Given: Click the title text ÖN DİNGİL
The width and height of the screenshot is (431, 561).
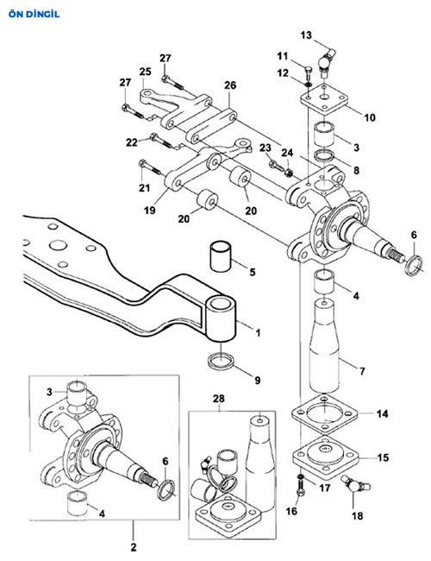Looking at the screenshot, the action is click(x=34, y=15).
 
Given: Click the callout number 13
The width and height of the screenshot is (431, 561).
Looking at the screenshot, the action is click(x=306, y=35).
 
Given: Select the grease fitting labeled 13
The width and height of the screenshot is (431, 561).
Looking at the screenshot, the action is click(x=327, y=63).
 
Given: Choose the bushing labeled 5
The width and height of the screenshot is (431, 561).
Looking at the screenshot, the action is click(x=221, y=256).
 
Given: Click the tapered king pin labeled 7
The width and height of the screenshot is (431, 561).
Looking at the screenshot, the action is click(x=324, y=347).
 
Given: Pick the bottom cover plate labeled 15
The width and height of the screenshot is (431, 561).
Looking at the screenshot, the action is click(x=325, y=457).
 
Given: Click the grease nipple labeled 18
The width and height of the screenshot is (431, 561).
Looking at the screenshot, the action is click(x=355, y=483).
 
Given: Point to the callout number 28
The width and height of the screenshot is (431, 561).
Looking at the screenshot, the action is click(x=218, y=398).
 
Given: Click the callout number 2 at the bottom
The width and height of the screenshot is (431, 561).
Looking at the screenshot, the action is click(x=134, y=547).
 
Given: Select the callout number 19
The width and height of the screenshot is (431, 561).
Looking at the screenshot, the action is click(x=149, y=210).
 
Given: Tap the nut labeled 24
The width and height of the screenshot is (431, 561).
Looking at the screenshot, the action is click(x=289, y=173).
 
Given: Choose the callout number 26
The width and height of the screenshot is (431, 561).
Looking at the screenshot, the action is click(x=230, y=85).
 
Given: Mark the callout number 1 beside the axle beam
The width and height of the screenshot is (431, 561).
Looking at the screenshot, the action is click(x=258, y=333).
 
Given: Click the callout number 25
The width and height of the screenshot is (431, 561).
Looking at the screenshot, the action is click(x=145, y=72).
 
